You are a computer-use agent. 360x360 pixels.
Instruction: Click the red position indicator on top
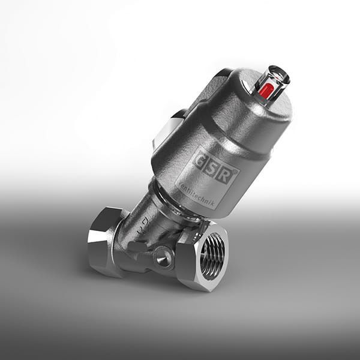[x=266, y=91]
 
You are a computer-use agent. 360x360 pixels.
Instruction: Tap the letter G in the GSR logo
[x=200, y=160]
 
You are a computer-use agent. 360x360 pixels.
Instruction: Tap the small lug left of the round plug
[x=137, y=247]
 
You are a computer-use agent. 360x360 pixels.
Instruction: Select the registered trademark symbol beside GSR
[x=236, y=170]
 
